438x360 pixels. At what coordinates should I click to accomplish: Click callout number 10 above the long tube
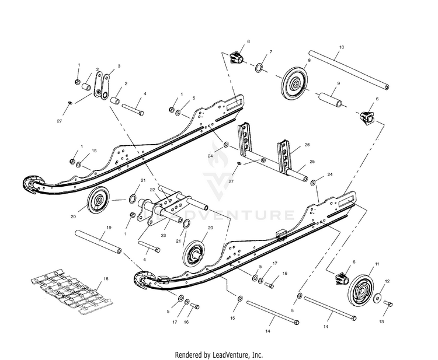341,46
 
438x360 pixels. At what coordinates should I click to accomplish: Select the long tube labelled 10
339,67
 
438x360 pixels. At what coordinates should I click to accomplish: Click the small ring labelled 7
259,70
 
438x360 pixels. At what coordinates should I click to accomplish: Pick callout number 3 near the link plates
119,67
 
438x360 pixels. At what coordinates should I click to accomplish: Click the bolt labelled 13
388,303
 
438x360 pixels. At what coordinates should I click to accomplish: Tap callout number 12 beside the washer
387,281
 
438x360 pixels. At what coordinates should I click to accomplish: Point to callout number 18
106,279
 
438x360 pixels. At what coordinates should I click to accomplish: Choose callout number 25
312,161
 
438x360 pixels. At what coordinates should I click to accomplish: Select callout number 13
383,321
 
